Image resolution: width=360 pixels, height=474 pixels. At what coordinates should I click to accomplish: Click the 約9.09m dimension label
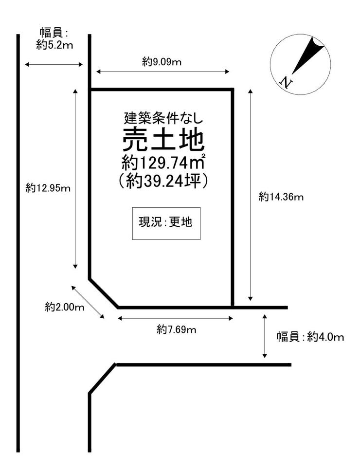tap(162, 62)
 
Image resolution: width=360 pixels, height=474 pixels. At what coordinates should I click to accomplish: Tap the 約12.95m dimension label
tap(48, 188)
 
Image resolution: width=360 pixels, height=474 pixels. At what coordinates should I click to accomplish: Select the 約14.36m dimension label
tap(281, 197)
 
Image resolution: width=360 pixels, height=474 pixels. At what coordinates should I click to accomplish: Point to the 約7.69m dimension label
tap(176, 330)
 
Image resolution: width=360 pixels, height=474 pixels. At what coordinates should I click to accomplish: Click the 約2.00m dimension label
tap(65, 307)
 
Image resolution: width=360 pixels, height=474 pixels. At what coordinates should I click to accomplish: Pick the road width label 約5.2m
tap(54, 45)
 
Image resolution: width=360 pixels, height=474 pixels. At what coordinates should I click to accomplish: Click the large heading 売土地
tap(162, 140)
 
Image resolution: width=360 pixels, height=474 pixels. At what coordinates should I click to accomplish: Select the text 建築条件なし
tap(162, 117)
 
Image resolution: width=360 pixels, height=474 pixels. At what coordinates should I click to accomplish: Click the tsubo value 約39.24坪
tap(162, 181)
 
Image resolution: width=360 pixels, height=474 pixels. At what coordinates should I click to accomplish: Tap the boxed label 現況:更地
tap(166, 223)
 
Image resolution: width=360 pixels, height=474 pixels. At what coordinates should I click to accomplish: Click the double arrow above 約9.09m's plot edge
tap(162, 72)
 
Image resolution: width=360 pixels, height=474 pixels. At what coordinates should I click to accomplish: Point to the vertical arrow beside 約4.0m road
tap(265, 336)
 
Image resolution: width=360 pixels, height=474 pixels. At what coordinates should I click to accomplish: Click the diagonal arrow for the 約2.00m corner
tap(88, 302)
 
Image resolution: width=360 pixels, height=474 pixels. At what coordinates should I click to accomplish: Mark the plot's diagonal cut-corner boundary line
tap(104, 293)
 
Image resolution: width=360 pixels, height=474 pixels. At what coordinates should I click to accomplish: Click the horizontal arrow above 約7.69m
tap(176, 319)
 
